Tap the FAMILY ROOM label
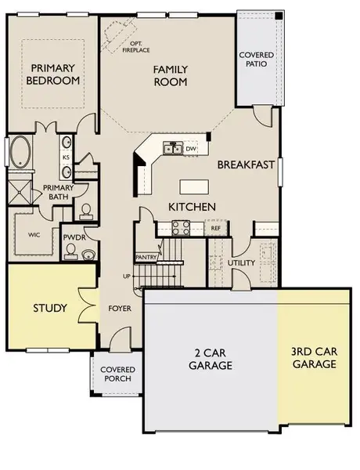tap(168, 75)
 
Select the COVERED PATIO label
tap(257, 59)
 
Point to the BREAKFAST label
tap(245, 164)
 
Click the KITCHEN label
tap(192, 207)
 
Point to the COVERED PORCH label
tap(115, 374)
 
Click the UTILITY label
tap(241, 262)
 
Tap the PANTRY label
tap(146, 256)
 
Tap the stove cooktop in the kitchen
tap(181, 228)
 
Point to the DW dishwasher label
tap(190, 149)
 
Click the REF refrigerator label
tap(215, 228)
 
